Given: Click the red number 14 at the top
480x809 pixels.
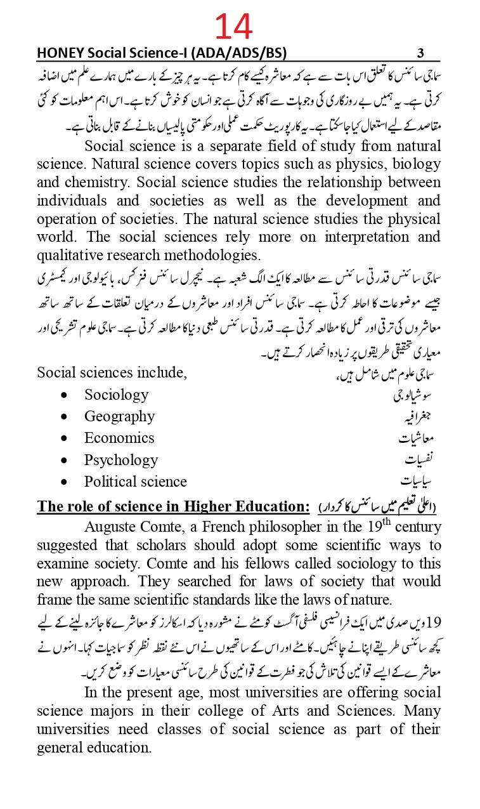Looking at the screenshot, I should tap(233, 27).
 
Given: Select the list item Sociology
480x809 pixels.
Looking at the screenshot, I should tap(116, 395).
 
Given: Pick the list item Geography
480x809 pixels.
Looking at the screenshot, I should tap(119, 416).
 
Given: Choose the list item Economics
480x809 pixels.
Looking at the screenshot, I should tap(119, 438).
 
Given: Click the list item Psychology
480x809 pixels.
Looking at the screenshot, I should tap(121, 460).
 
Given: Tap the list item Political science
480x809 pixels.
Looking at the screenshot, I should tap(136, 482).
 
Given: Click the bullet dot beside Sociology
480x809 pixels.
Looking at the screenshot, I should tap(65, 395).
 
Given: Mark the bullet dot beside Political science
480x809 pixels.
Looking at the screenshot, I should tap(65, 482).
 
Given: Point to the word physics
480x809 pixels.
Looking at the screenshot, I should tap(346, 164).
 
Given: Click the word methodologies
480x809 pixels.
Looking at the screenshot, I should tap(209, 256).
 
